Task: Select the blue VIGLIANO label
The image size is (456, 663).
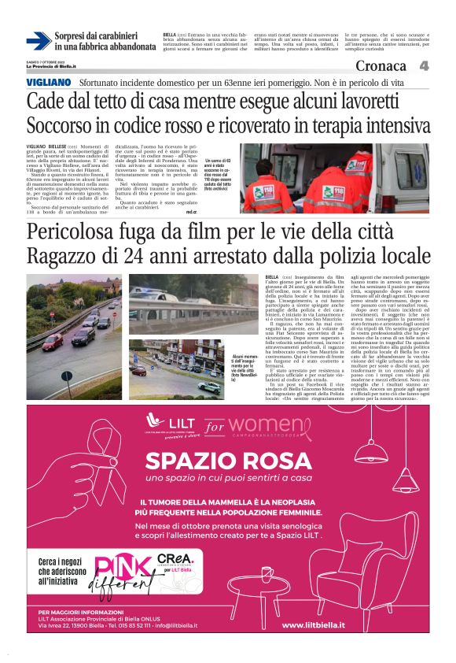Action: [49, 82]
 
